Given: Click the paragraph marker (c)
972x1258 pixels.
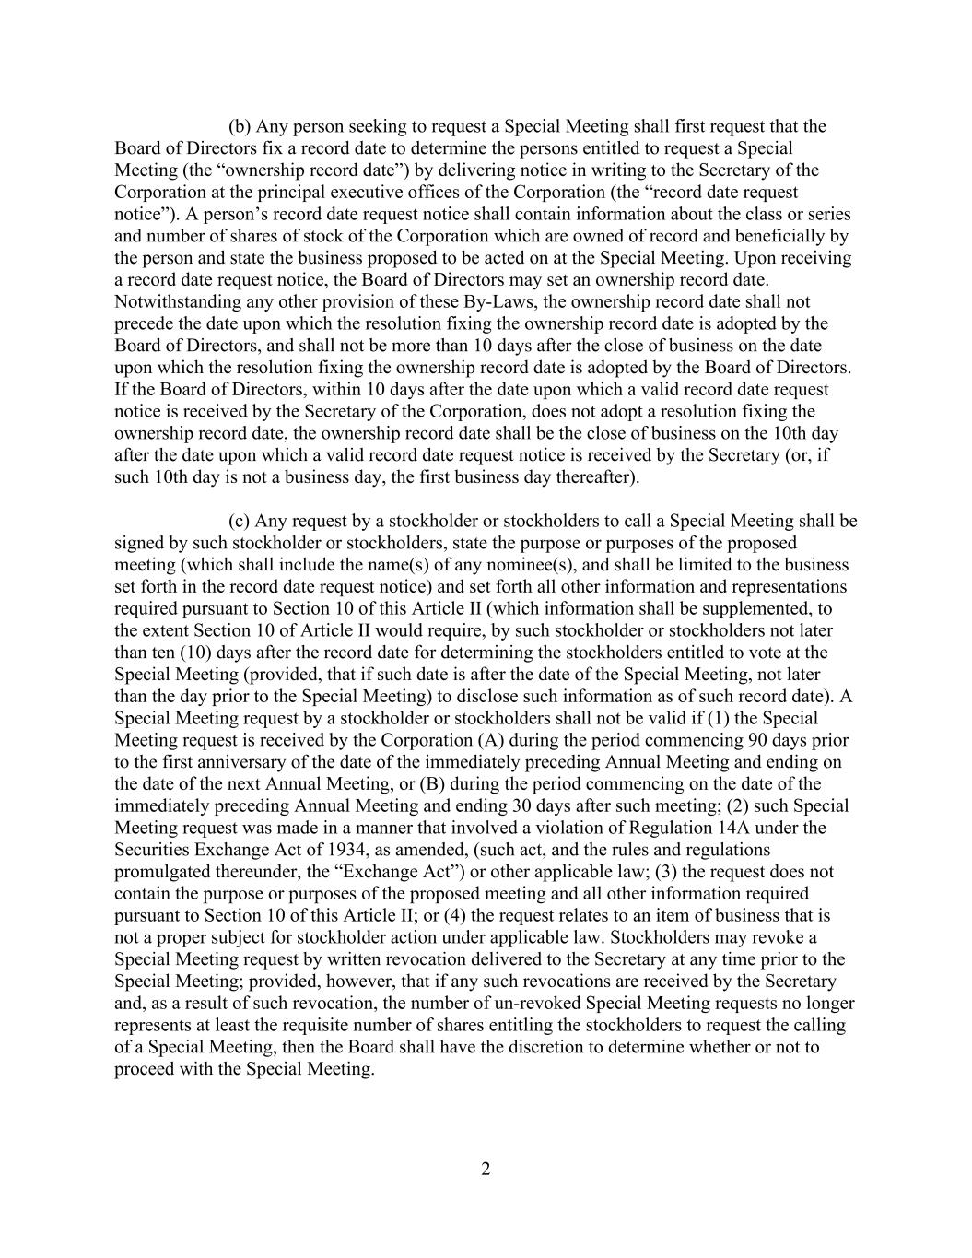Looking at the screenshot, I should click(x=240, y=521).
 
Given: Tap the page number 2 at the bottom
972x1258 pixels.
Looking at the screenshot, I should click(x=486, y=1170).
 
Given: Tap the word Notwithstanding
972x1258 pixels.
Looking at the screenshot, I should click(x=171, y=301).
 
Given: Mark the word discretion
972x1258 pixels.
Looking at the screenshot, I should click(x=574, y=1047).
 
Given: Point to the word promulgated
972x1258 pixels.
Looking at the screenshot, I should click(x=162, y=872).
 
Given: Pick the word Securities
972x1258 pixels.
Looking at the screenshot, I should click(x=150, y=850).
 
